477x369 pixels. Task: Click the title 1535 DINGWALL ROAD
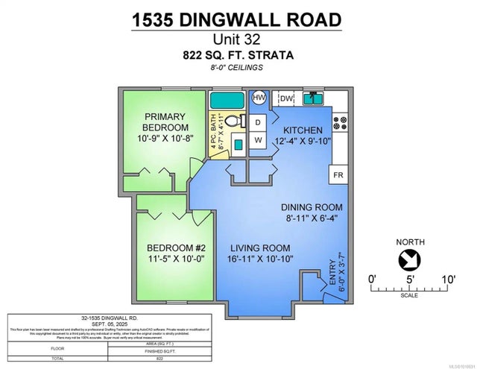[x=238, y=19]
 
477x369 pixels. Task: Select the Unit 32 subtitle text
[x=238, y=40]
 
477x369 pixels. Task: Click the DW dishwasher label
[x=287, y=98]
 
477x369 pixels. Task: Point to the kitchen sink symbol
[x=313, y=98]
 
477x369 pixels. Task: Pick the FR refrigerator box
[x=337, y=176]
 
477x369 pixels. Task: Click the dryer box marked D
[x=258, y=122]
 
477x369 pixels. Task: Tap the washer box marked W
[x=258, y=139]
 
